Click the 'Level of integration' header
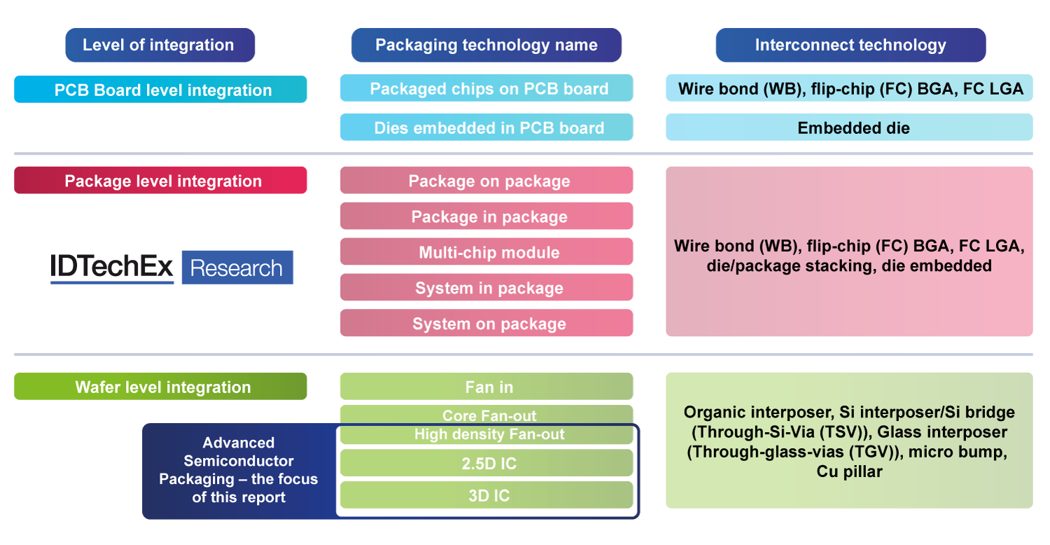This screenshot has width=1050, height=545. (159, 46)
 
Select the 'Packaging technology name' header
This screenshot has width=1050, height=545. (486, 46)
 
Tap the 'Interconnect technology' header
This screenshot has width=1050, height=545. (850, 46)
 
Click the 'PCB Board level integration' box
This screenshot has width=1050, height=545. (160, 90)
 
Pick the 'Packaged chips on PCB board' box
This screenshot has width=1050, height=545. (486, 89)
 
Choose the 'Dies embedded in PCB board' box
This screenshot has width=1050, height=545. (486, 127)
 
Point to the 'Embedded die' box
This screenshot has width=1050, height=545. (849, 127)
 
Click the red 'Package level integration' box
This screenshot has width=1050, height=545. (160, 181)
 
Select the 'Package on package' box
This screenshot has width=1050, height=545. (486, 181)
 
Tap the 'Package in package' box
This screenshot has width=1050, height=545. (486, 216)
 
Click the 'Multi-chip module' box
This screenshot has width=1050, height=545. (486, 252)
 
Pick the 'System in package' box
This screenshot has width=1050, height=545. (486, 288)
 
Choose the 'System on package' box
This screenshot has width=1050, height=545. (486, 324)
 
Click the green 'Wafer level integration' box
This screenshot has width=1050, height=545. (160, 387)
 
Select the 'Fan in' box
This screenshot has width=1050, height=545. (486, 387)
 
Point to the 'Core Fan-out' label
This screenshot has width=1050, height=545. (489, 415)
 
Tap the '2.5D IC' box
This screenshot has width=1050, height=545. (486, 463)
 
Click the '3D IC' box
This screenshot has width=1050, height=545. (486, 495)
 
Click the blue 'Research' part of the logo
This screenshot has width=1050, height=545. (237, 268)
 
